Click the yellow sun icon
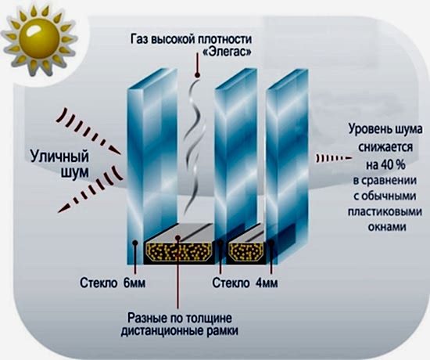[39, 41]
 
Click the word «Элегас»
[226, 52]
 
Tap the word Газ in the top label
[140, 39]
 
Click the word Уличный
[59, 157]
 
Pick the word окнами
[386, 228]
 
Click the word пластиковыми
[385, 212]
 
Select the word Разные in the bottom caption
[147, 319]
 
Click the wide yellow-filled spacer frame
[179, 251]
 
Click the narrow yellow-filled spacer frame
[245, 251]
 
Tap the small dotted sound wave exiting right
[334, 158]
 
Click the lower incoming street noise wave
[91, 189]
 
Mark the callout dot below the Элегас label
[197, 74]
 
